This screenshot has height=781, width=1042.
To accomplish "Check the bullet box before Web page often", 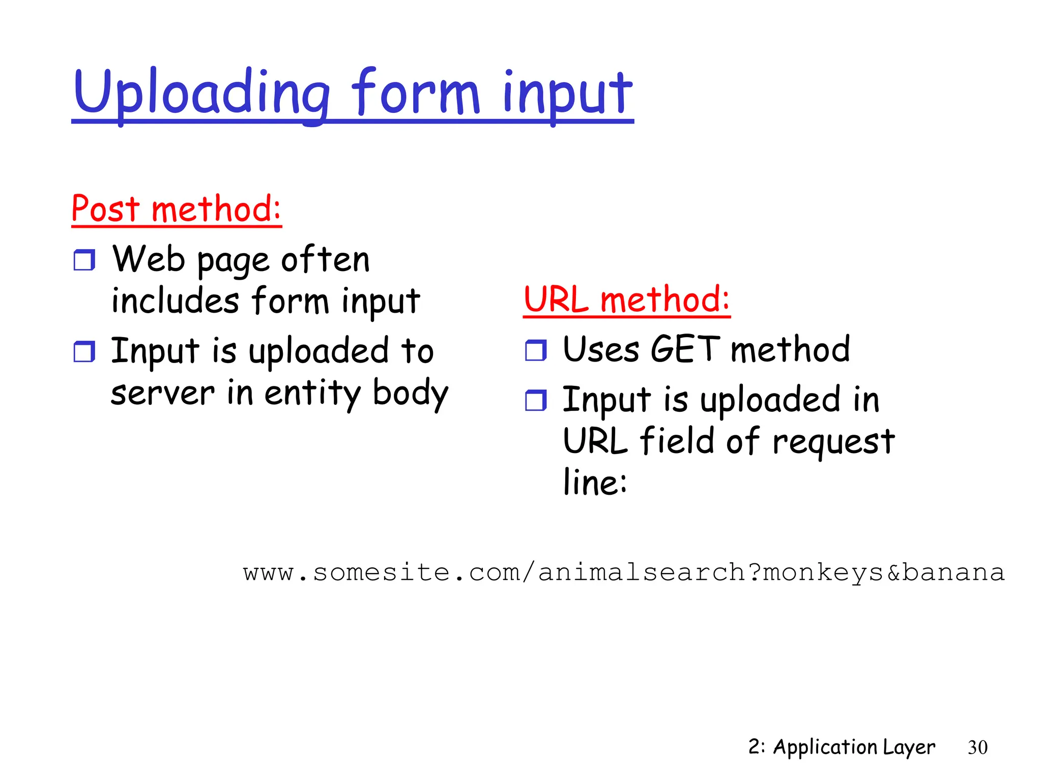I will tap(84, 260).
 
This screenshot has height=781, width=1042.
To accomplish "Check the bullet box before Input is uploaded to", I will tap(84, 351).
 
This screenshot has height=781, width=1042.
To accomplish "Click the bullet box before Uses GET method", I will tap(535, 350).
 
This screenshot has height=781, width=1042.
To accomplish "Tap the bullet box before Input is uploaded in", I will tap(535, 400).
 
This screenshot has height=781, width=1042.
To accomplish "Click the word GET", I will tap(685, 350).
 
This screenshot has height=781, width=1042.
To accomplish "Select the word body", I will tap(410, 393).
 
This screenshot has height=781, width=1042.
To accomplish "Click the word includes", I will tap(175, 301).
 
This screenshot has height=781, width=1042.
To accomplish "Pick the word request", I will tap(833, 441).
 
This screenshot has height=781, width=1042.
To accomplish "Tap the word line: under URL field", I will tap(594, 482).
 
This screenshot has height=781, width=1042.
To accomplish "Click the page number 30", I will tap(977, 747).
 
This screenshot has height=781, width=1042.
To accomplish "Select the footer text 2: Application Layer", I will tap(841, 747).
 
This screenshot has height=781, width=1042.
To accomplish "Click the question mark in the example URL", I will tap(755, 573).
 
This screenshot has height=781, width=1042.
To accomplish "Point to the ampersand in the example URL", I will tap(893, 573).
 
